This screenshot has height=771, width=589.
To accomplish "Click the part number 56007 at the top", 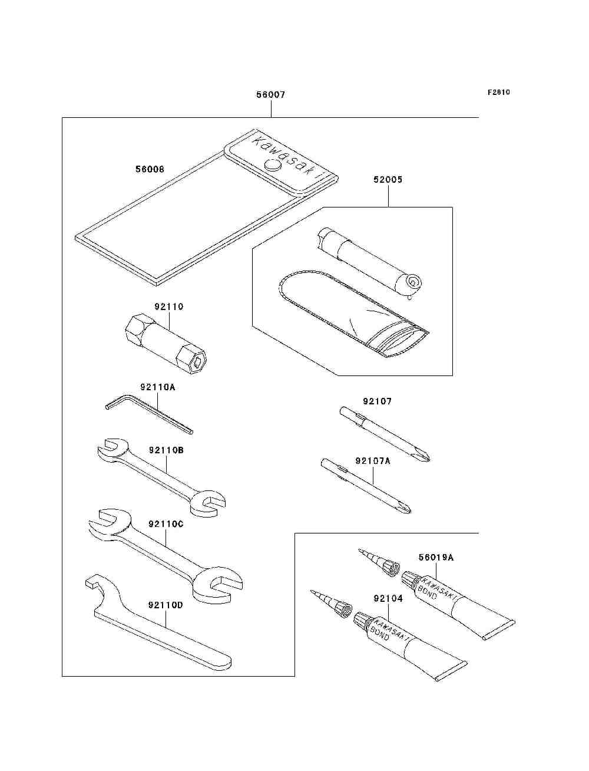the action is tap(270, 94).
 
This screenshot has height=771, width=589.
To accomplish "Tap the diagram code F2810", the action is tap(498, 92).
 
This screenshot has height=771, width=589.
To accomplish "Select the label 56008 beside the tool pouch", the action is tap(150, 169).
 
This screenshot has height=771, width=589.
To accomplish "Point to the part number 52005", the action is tap(388, 180).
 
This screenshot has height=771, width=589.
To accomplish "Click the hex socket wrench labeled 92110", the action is tap(166, 344).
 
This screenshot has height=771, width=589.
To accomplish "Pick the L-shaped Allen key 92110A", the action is tap(149, 414).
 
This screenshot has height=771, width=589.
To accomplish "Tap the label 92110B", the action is tap(166, 450).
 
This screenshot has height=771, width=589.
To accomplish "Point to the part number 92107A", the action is tap(373, 460).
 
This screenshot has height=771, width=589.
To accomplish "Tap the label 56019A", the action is tap(436, 557).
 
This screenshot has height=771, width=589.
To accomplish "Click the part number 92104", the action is tap(388, 598).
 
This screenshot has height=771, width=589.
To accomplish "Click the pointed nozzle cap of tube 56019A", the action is tap(380, 562).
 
